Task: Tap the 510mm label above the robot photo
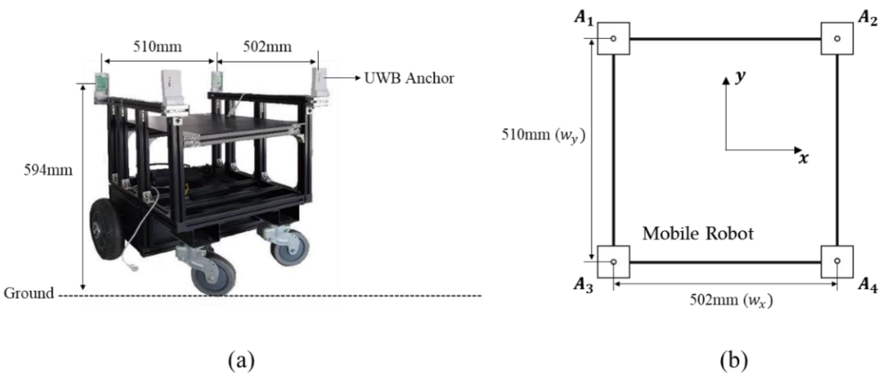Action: point(157,47)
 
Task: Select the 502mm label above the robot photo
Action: point(267,47)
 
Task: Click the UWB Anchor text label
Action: point(409,78)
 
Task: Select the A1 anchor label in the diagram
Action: point(583,17)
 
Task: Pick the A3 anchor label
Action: point(583,286)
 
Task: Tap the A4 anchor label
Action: point(867,286)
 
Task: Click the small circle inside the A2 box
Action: point(837,38)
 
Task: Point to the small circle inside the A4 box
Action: point(837,261)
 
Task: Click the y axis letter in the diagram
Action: point(739,76)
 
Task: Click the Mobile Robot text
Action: point(698,234)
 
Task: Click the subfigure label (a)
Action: point(241,360)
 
